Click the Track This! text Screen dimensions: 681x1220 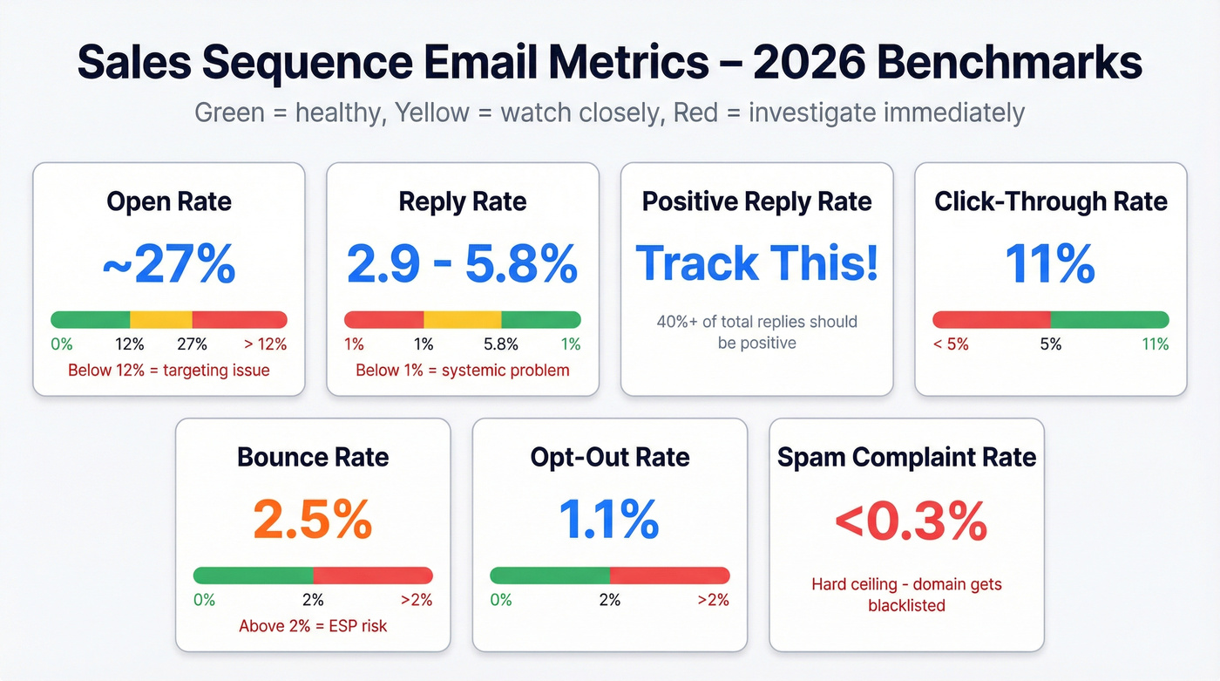tap(756, 263)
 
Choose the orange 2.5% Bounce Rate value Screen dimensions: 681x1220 tap(313, 520)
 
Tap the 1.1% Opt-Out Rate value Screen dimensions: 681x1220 tap(609, 520)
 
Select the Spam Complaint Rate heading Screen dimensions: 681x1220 tap(906, 457)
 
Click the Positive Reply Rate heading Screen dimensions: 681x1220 tap(756, 201)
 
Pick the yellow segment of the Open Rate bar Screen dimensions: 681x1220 tap(161, 319)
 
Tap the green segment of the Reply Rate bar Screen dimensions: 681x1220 tap(541, 319)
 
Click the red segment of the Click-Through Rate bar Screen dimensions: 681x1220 tap(991, 319)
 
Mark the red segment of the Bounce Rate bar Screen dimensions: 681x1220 tap(373, 575)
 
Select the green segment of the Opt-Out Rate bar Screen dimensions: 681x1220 tap(550, 575)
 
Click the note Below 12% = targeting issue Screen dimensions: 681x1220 tap(169, 371)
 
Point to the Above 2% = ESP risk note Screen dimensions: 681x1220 tap(313, 626)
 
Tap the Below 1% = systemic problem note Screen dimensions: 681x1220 tap(462, 371)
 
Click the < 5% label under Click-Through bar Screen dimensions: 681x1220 tap(951, 344)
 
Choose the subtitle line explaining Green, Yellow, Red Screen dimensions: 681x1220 tap(609, 112)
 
